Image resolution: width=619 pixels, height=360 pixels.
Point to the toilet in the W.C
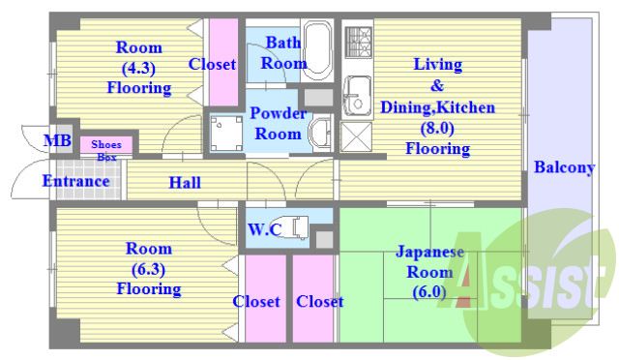[x=300, y=229]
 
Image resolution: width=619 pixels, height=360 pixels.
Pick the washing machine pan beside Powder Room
[x=224, y=134]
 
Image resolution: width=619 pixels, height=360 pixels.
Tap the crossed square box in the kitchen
[x=356, y=135]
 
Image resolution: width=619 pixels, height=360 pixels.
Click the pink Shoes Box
[x=106, y=148]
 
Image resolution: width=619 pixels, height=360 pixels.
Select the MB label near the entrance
[x=58, y=141]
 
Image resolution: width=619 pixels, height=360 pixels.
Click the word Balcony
[x=564, y=167]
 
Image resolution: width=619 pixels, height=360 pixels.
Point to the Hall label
[x=185, y=182]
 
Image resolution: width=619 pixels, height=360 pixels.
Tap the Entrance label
[x=75, y=181]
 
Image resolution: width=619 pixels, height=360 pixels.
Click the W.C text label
[x=264, y=229]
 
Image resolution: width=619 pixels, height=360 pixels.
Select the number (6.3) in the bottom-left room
[x=148, y=269]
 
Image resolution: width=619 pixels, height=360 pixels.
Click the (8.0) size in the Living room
[x=437, y=128]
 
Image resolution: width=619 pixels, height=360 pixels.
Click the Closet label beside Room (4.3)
[x=212, y=65]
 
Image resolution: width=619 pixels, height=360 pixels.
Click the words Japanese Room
[x=429, y=261]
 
